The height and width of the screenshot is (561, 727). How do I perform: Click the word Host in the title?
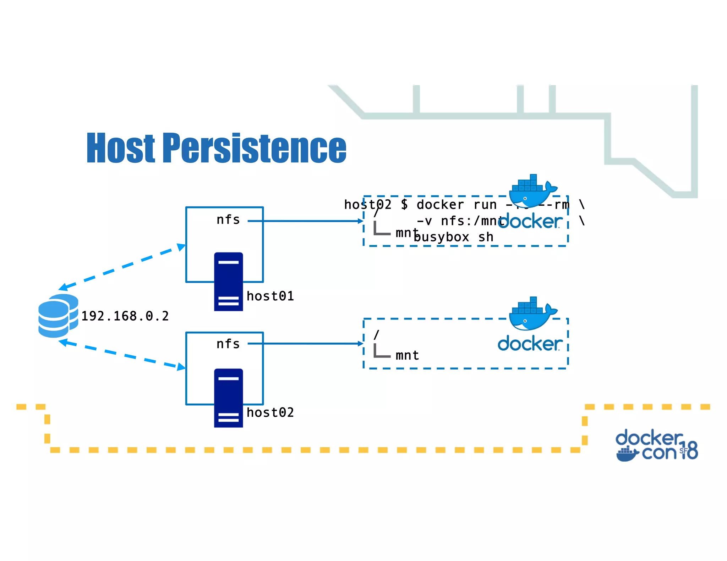tap(121, 148)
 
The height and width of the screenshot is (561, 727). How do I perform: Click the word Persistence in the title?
tap(254, 148)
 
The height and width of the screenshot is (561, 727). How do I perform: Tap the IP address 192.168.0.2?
tap(125, 316)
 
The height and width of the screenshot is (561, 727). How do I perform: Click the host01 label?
tap(270, 296)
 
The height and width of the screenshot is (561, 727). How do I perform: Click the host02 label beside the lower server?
tap(270, 412)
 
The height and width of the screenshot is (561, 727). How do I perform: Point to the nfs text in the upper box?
tap(228, 220)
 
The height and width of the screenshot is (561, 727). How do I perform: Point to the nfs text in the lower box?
tap(228, 344)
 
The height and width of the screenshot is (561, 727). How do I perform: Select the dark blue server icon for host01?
tap(228, 282)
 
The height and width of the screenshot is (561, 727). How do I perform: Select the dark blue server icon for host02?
tap(228, 398)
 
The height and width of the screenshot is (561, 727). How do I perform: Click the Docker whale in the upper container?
tap(531, 191)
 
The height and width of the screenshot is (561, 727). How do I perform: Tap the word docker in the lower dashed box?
tap(530, 344)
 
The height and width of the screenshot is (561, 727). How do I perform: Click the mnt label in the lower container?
tap(407, 355)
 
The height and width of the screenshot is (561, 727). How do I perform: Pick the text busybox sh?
tap(454, 237)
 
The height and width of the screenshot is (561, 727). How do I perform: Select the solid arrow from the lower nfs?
tap(305, 344)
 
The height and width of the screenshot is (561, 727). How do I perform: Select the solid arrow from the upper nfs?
tap(305, 221)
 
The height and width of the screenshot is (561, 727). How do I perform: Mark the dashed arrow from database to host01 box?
tap(122, 267)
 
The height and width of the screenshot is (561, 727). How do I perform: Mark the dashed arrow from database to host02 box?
tap(122, 355)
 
